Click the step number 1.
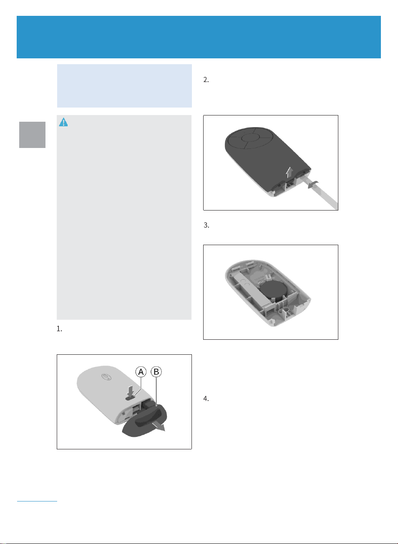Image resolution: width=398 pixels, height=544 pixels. [59, 329]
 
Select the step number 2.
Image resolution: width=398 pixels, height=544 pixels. [206, 80]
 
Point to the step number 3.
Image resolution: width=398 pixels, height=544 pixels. [206, 226]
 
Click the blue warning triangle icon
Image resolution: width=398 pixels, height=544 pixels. [63, 122]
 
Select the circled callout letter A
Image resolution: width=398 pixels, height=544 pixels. [141, 372]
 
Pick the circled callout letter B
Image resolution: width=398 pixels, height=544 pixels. [156, 372]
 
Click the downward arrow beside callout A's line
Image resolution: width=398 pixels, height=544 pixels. [131, 391]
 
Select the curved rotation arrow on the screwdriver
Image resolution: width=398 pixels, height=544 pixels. [313, 185]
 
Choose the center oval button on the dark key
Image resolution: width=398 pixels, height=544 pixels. [250, 138]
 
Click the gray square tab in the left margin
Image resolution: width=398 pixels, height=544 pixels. [32, 135]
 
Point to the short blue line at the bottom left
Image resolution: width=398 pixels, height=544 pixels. [37, 501]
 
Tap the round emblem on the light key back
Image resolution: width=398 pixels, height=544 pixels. [106, 377]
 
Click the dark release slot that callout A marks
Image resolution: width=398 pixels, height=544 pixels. [130, 399]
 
